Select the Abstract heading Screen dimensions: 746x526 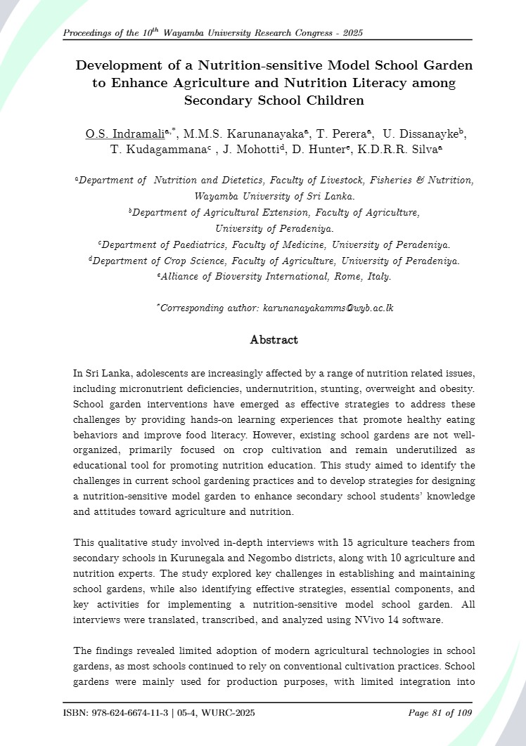click(x=274, y=340)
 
